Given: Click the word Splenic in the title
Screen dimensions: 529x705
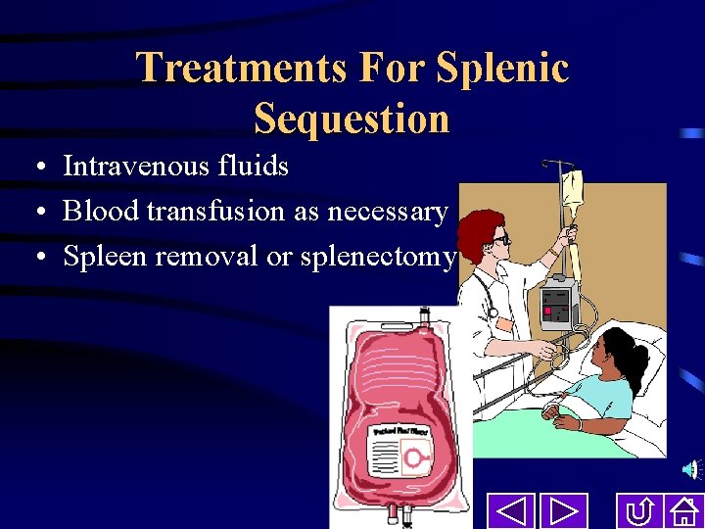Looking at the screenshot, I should [x=502, y=69].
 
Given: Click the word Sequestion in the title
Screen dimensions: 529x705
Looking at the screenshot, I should [x=352, y=119].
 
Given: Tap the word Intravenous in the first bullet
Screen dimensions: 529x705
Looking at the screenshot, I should [x=125, y=167].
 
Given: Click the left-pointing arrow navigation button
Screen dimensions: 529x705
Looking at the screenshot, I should [x=511, y=511].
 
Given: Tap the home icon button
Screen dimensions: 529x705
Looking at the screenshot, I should [x=681, y=511].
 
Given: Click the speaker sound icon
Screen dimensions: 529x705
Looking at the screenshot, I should [x=691, y=471].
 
